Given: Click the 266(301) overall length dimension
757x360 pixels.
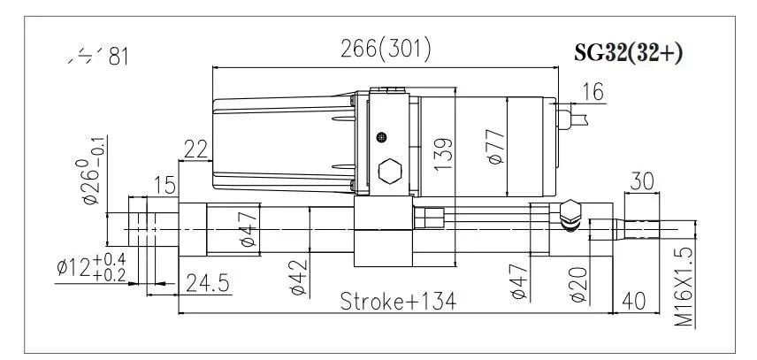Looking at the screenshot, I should click(386, 50).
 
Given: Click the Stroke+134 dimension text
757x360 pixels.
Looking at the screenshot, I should click(398, 302).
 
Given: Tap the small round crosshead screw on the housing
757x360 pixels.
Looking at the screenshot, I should click(381, 136).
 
